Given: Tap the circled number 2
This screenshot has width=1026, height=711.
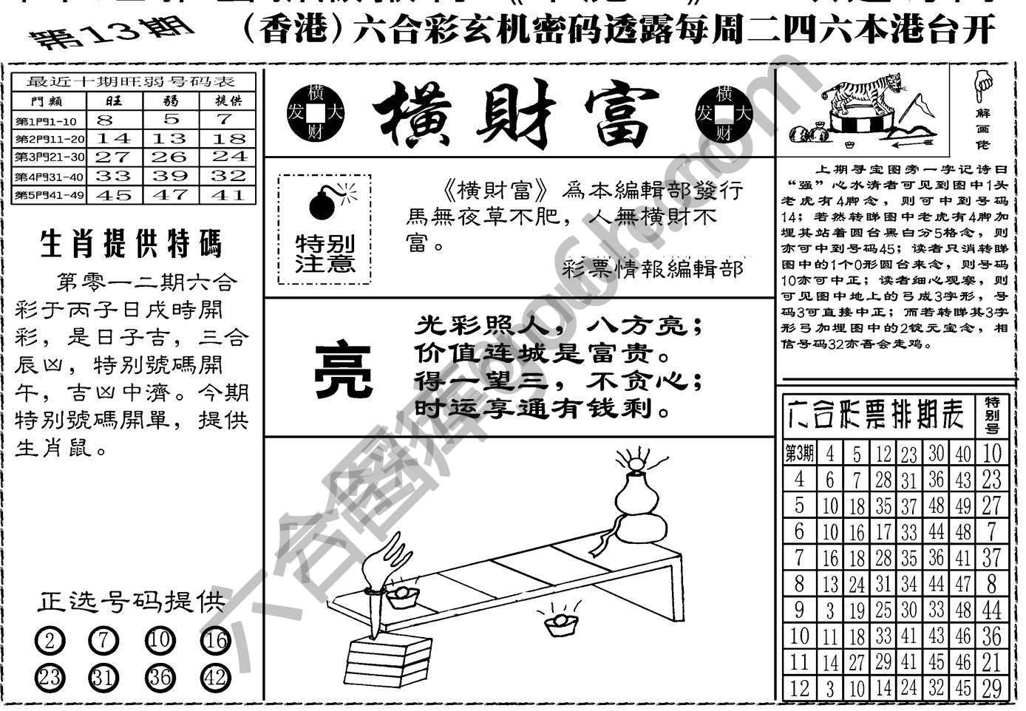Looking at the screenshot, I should pos(49,641).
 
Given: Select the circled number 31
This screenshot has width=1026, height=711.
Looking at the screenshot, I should pos(103,678).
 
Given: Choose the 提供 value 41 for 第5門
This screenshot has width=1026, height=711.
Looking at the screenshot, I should pos(228,195).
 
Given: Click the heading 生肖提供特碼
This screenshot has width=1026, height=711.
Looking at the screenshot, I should pos(131,244).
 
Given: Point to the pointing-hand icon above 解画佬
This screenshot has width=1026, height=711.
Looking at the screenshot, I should pos(982,85).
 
